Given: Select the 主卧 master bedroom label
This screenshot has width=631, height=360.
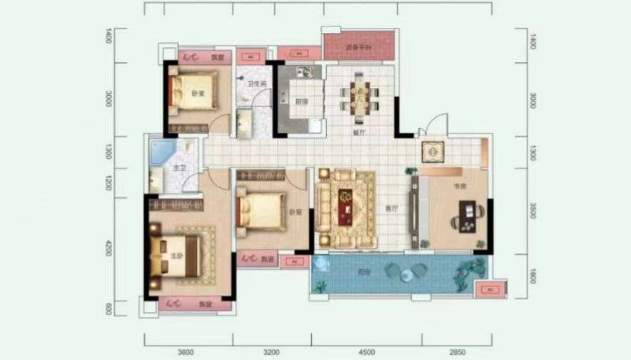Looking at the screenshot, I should tap(176, 255).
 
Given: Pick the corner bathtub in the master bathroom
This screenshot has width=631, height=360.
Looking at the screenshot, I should tap(162, 152).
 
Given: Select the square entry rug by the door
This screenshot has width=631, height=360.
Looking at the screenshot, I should tap(433, 151).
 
